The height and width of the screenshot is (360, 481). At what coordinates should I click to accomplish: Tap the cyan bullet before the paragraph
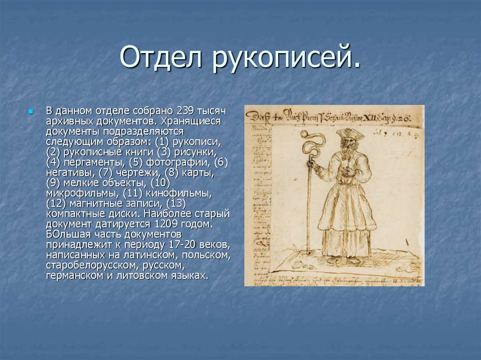coord(31,112)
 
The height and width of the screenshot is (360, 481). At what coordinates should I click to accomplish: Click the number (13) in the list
coord(176,204)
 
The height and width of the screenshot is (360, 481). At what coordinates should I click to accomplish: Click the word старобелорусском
coord(84,265)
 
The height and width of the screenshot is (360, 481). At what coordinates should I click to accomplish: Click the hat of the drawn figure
coord(349,134)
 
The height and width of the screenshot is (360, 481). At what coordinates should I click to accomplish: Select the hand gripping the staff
coord(310,163)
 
